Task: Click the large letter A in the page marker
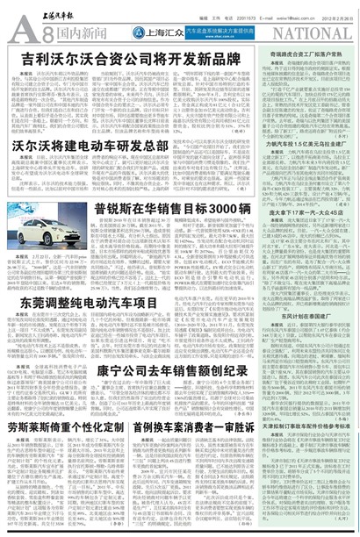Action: (x=19, y=33)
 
